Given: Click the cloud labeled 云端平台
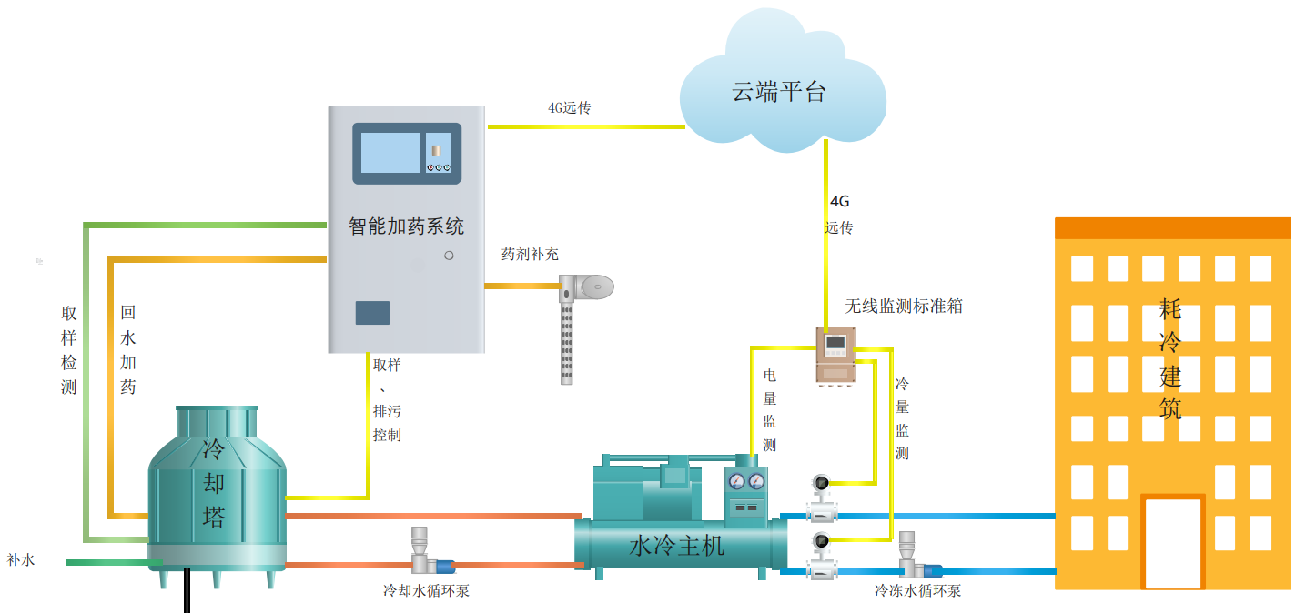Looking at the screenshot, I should pyautogui.click(x=781, y=91).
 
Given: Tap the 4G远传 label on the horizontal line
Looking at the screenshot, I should pyautogui.click(x=569, y=108).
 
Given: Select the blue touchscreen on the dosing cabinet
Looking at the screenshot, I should pyautogui.click(x=390, y=152).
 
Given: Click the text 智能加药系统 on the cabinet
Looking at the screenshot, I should pyautogui.click(x=406, y=226).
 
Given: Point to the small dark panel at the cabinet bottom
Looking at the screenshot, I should pyautogui.click(x=372, y=312).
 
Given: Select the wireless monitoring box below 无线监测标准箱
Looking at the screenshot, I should pyautogui.click(x=836, y=354).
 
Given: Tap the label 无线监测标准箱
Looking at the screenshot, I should pyautogui.click(x=903, y=306).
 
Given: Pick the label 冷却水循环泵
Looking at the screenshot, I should pyautogui.click(x=426, y=590).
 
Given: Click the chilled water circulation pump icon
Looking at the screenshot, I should pyautogui.click(x=913, y=558).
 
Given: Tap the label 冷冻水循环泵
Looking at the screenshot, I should pyautogui.click(x=917, y=590).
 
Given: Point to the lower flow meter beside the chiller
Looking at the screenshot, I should pyautogui.click(x=821, y=554).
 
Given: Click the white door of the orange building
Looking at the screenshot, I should pyautogui.click(x=1173, y=543).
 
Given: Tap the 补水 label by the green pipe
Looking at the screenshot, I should pyautogui.click(x=20, y=560).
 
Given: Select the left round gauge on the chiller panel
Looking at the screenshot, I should pyautogui.click(x=737, y=481).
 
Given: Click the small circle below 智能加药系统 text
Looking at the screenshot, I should pyautogui.click(x=449, y=256).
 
